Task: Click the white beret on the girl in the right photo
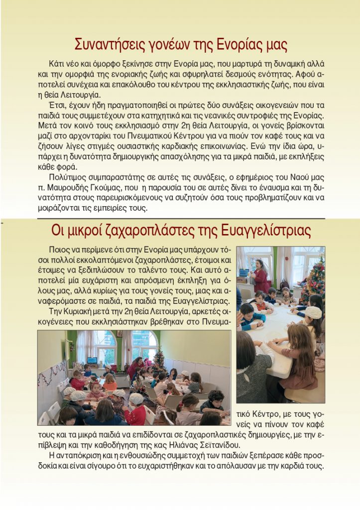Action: (x=313, y=312)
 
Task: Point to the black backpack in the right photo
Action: (x=284, y=284)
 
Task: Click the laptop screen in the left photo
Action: (x=92, y=360)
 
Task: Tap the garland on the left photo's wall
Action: (x=51, y=374)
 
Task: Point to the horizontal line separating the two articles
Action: (x=181, y=219)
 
